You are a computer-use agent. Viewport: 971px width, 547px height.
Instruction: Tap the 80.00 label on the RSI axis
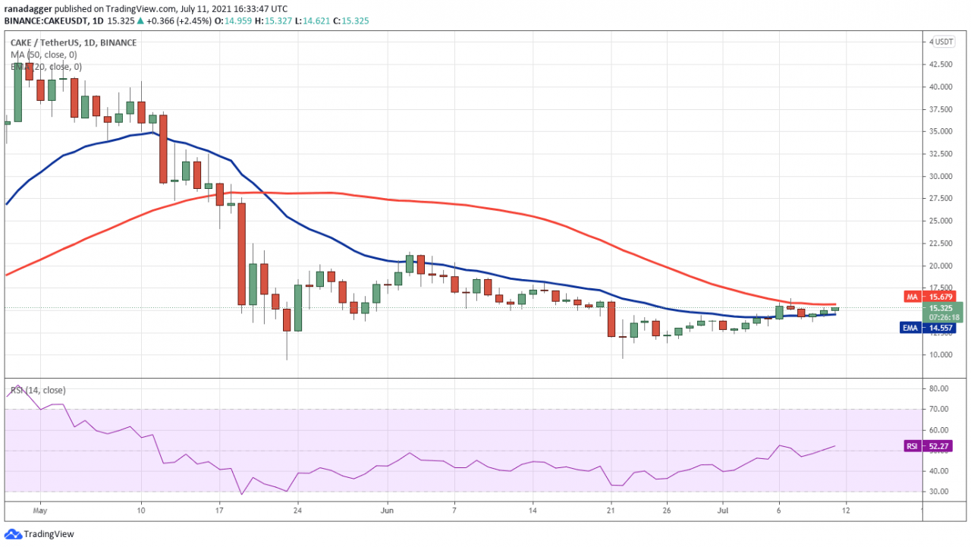point(938,388)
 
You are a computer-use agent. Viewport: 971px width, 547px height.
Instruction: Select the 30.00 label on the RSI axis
point(938,492)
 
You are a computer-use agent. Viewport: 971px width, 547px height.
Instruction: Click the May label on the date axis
point(40,511)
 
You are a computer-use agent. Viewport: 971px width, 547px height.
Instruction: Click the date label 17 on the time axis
point(218,511)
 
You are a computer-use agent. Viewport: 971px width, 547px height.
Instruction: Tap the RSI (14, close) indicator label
point(37,390)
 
